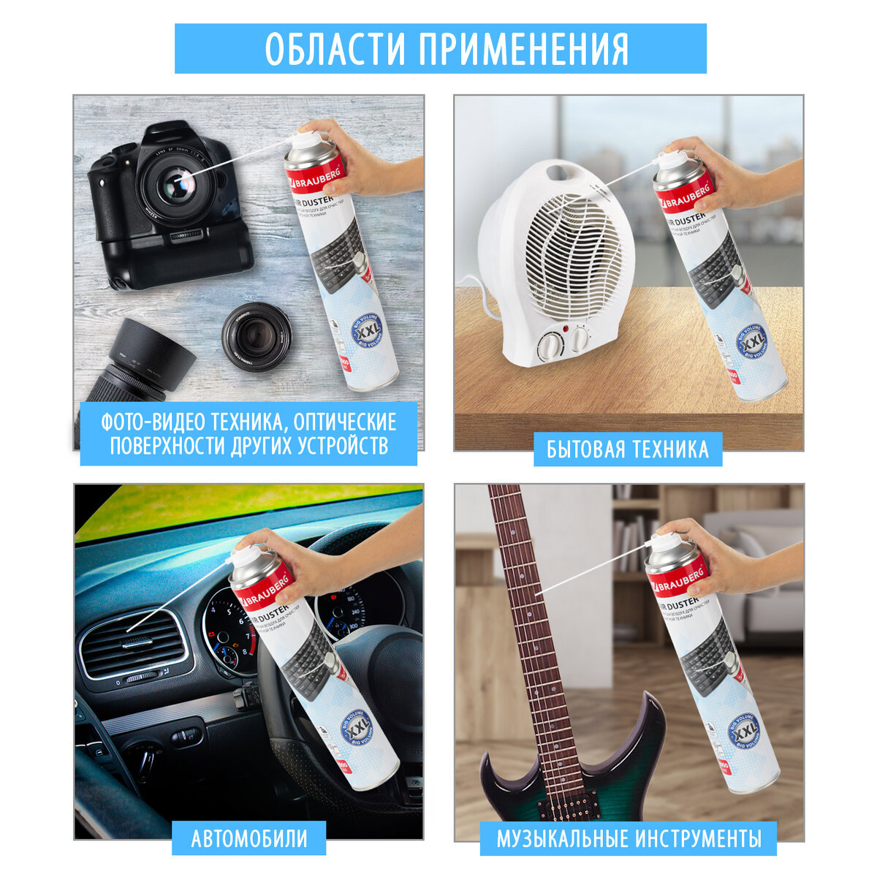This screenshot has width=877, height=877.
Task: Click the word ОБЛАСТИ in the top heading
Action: pyautogui.click(x=335, y=48)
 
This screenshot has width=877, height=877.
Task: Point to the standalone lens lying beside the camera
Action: pyautogui.click(x=256, y=336)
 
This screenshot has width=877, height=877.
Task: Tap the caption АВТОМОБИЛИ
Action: pyautogui.click(x=249, y=838)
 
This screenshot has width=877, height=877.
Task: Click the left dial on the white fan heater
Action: pyautogui.click(x=549, y=344)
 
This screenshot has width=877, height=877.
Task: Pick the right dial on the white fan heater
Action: pyautogui.click(x=579, y=338)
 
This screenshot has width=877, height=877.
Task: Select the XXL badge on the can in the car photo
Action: pyautogui.click(x=357, y=727)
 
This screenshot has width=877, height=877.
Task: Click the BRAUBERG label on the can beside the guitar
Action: pyautogui.click(x=678, y=575)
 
